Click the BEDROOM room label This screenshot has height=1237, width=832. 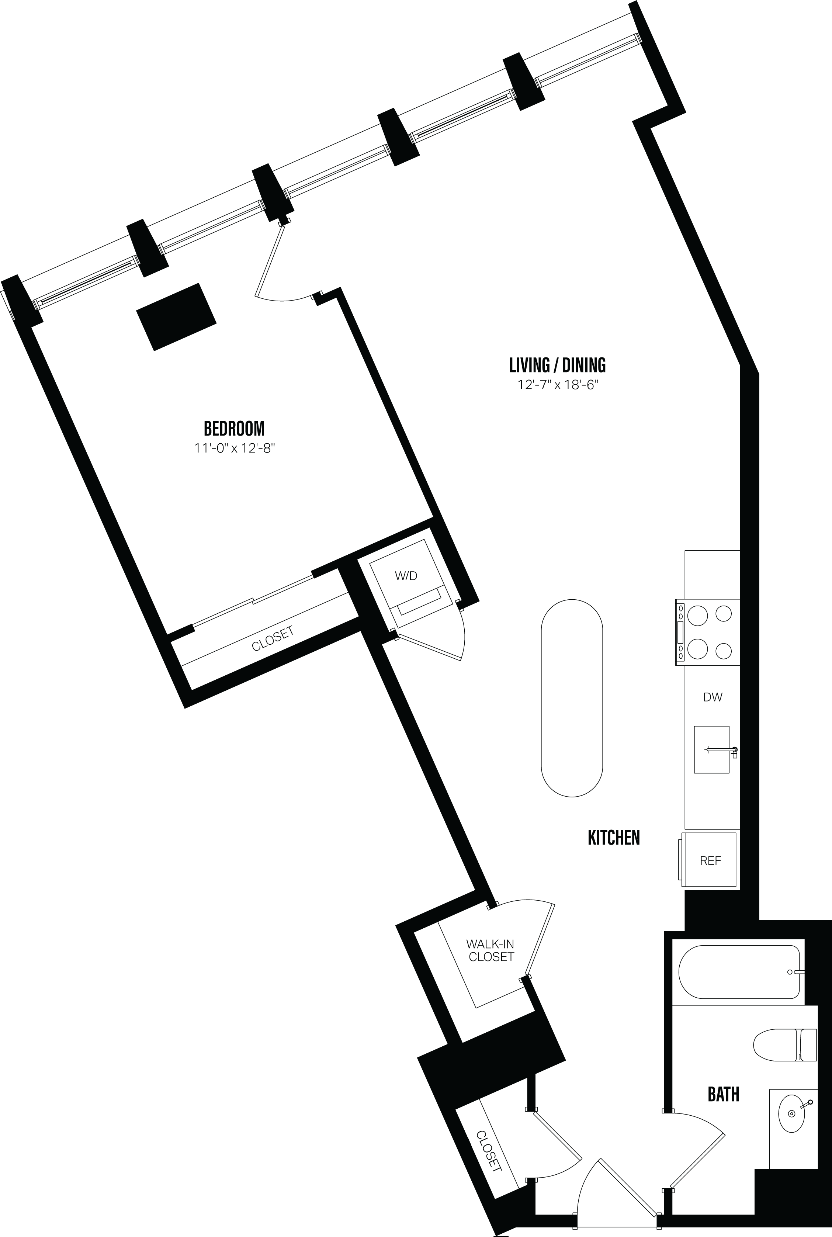click(234, 428)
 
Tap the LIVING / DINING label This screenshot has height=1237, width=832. click(557, 365)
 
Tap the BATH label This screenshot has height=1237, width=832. click(723, 1094)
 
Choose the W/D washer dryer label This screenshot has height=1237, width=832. click(406, 576)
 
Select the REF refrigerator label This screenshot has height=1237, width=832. click(710, 861)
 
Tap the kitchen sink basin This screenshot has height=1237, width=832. click(711, 749)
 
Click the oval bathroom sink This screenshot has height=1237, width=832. click(791, 1113)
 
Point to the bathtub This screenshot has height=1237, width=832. click(739, 972)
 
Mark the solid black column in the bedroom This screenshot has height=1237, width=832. click(176, 316)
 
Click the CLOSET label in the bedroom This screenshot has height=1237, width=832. click(273, 638)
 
